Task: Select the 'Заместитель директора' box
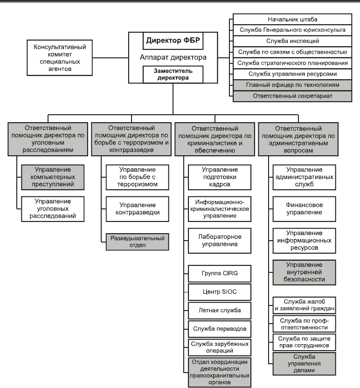tap(173, 75)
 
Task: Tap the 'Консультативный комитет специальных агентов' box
tap(60, 58)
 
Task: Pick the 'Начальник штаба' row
tap(292, 19)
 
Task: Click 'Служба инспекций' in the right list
tap(292, 41)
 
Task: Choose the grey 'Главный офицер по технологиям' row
tap(292, 85)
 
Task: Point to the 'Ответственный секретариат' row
tap(292, 96)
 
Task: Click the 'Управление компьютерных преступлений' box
tap(53, 177)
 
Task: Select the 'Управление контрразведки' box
tap(137, 209)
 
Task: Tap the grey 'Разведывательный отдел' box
tap(137, 242)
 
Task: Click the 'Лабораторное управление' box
tap(220, 241)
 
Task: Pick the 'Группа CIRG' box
tap(220, 273)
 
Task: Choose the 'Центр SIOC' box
tap(220, 292)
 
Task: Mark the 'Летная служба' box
tap(220, 310)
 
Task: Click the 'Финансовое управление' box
tap(304, 209)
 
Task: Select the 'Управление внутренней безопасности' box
tap(304, 272)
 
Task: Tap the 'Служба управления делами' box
tap(304, 364)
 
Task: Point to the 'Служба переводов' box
tap(220, 329)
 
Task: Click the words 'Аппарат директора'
tap(173, 57)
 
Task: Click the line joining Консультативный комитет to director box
tap(111, 58)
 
